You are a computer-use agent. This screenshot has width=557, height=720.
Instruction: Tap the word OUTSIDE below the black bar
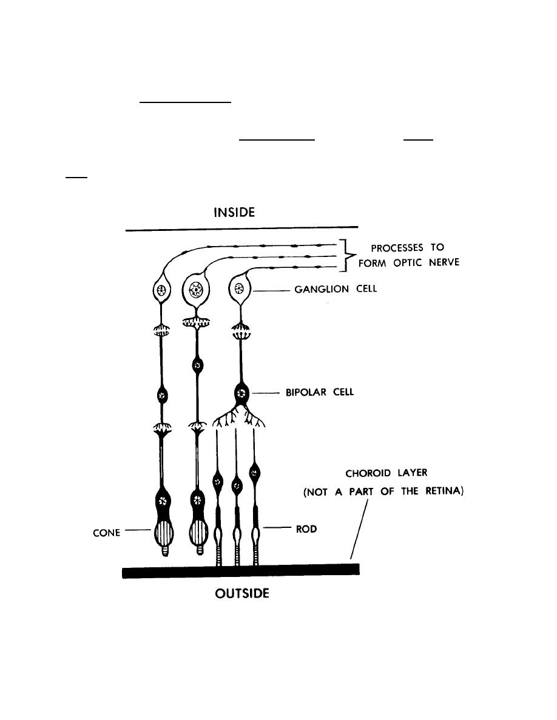click(242, 593)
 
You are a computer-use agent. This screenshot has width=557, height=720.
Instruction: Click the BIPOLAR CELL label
click(320, 393)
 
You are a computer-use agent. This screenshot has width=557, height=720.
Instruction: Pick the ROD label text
click(307, 529)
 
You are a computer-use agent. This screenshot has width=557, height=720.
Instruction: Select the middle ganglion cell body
click(196, 289)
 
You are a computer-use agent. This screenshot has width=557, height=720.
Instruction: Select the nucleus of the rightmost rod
click(255, 472)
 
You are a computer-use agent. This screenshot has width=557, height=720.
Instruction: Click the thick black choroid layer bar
click(241, 570)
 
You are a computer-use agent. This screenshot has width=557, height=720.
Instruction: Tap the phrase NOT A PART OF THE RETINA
click(383, 493)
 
